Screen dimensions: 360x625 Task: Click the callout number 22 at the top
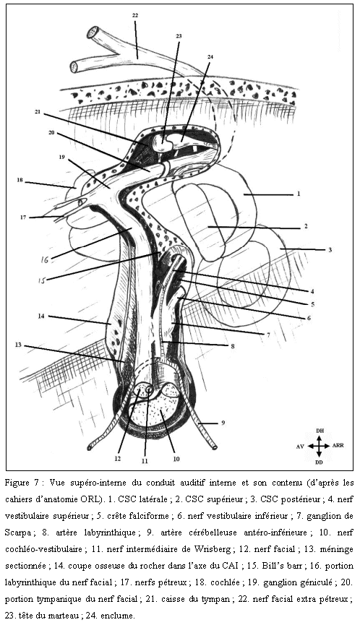(135, 15)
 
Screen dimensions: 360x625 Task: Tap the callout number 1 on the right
(298, 194)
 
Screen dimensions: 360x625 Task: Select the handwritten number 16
(45, 260)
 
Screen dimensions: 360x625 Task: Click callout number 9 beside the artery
(223, 422)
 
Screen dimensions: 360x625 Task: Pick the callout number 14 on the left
(40, 316)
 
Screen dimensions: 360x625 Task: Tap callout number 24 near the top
(210, 57)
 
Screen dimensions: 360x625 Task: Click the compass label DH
(320, 431)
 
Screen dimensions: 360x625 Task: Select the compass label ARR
(338, 446)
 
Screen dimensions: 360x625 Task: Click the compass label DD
(320, 462)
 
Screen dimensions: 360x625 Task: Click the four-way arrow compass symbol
(319, 446)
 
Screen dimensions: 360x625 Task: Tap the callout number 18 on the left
(20, 180)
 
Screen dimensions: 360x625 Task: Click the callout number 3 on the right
(330, 250)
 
